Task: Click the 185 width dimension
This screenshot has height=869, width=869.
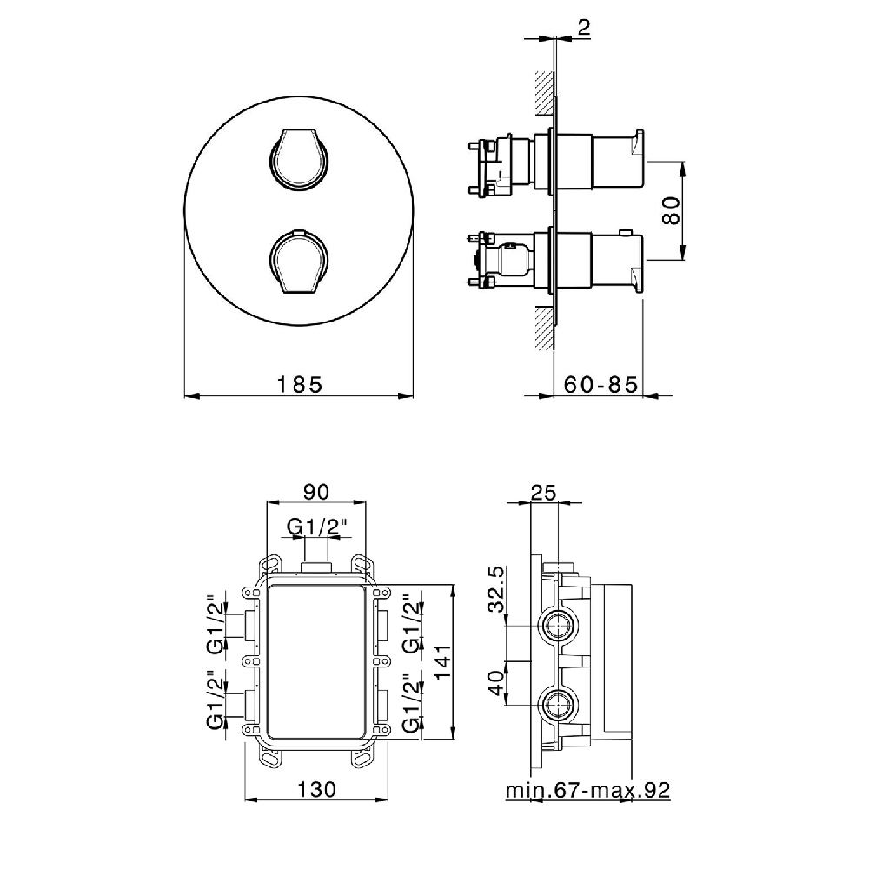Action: coord(299,384)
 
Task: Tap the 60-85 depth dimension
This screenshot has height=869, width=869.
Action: coord(600,384)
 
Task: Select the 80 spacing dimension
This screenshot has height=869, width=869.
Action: coord(671,210)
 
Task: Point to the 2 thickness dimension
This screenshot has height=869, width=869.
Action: coord(584,27)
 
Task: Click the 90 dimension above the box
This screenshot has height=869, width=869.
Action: coord(316,491)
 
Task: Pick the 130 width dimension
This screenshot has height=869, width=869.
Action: coord(316,789)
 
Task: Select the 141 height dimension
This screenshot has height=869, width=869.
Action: coord(443,661)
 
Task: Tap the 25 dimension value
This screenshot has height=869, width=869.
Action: coord(543,492)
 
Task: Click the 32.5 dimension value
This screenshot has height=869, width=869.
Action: coord(497,589)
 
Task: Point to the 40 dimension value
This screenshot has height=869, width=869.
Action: coord(497,682)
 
